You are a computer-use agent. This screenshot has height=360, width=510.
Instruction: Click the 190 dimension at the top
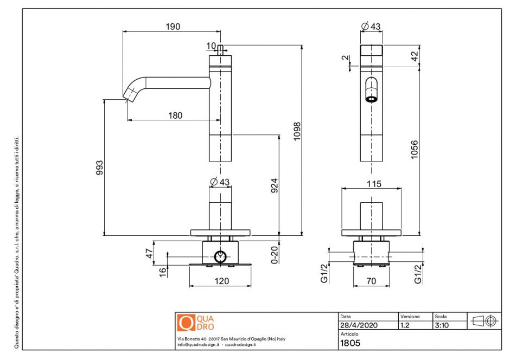[x=173, y=26]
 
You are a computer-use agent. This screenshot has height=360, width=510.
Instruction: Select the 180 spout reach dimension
[x=175, y=115]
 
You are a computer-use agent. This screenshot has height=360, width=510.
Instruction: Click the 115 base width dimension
[x=374, y=184]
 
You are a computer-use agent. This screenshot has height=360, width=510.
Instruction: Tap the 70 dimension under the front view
[x=372, y=281]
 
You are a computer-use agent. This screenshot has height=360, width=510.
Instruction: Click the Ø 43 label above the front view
[x=371, y=26]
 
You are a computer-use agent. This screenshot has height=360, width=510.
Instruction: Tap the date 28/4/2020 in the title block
[x=358, y=325]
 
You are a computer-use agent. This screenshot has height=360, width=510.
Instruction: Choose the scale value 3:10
[x=442, y=325]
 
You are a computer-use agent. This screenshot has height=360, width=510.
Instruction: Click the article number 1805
[x=350, y=343]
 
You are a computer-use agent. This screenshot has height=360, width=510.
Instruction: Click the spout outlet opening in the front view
[x=371, y=99]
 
